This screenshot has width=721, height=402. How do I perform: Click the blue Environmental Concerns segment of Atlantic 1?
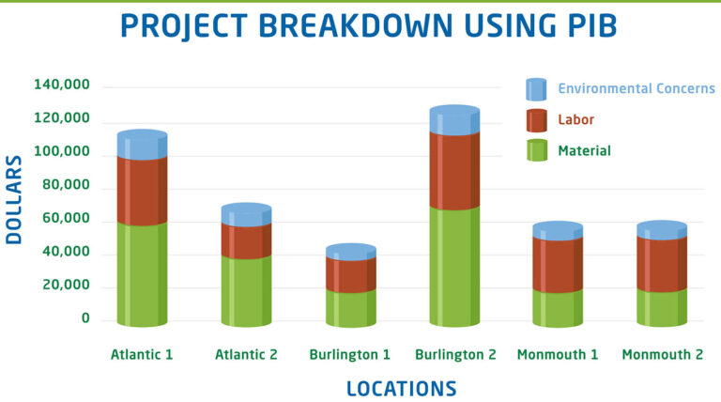pos(142,145)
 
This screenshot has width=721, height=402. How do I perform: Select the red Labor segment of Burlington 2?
pos(454,170)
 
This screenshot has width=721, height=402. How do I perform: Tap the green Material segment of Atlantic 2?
pos(246,291)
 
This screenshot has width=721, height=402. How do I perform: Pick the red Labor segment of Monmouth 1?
pos(558,265)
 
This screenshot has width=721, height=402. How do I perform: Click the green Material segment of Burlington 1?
pos(351,308)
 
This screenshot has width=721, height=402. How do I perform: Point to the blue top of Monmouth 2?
pos(662,230)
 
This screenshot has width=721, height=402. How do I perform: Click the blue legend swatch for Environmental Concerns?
pos(536,89)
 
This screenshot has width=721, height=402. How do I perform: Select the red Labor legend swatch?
pos(537,120)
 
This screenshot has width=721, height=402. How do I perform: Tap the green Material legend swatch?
pos(537,150)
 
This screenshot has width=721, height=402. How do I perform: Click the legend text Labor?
pos(575,119)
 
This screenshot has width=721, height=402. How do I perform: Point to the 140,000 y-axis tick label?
pos(62,85)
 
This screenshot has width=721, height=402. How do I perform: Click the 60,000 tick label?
pos(66,218)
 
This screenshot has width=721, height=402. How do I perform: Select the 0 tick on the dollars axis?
pos(85,318)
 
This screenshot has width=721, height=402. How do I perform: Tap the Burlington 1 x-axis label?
pos(349,355)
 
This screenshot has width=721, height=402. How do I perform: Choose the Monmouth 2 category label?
pos(663,355)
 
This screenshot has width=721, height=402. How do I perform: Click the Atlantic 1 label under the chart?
pos(142,355)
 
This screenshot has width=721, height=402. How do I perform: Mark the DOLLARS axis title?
pos(14,200)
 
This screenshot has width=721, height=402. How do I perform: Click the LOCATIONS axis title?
pos(402,389)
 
